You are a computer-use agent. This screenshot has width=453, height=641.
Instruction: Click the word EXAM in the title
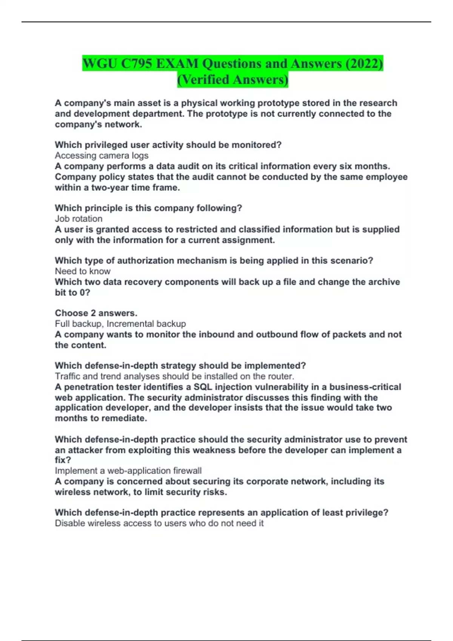click(177, 63)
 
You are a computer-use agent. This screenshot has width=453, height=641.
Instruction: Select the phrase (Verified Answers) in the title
click(233, 80)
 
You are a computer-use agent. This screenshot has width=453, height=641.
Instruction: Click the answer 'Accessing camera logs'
click(102, 155)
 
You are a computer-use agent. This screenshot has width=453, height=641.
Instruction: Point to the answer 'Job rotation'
click(79, 219)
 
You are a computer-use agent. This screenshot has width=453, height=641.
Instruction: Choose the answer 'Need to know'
click(83, 271)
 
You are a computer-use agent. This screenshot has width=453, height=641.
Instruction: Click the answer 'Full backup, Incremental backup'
click(120, 324)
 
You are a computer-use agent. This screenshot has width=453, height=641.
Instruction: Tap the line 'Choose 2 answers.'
click(96, 313)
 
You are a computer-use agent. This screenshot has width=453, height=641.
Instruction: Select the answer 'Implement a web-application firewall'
click(128, 471)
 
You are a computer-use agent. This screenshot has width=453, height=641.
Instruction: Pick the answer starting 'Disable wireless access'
click(159, 523)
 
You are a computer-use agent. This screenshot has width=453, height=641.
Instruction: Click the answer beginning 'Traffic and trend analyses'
click(174, 376)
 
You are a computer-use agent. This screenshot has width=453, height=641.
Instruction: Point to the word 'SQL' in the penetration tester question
click(203, 387)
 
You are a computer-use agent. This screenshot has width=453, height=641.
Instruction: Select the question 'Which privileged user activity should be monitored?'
click(168, 145)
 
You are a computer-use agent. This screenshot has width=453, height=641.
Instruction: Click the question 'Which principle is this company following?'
click(148, 208)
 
